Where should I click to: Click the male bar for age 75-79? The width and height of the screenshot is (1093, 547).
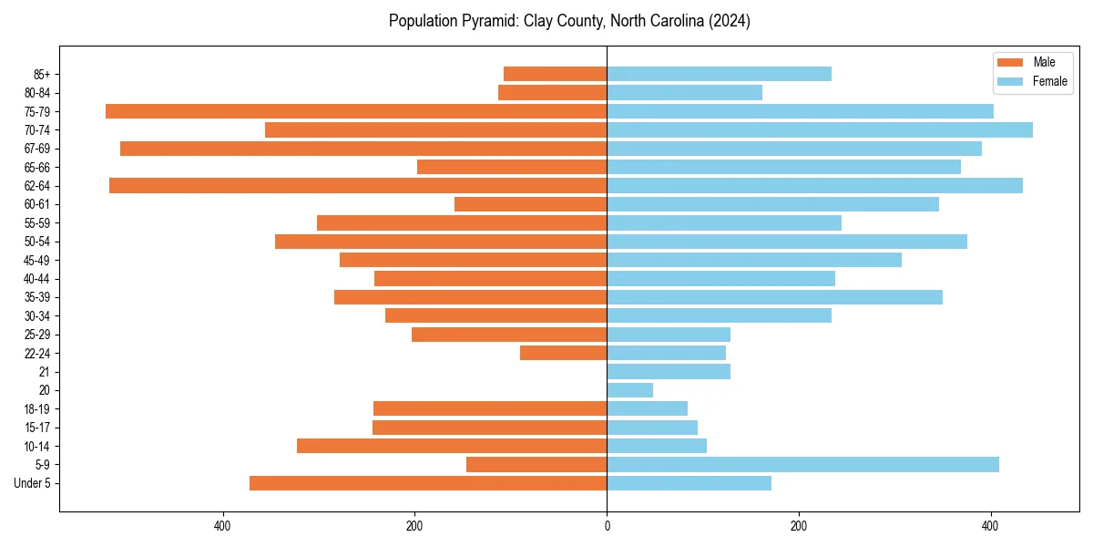point(356,111)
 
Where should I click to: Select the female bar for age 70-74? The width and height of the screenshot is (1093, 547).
point(820,129)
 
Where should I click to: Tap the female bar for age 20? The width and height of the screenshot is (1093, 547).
point(630,390)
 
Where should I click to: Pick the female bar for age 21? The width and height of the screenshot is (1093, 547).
point(669,371)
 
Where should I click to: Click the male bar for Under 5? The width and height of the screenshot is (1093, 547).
point(428,483)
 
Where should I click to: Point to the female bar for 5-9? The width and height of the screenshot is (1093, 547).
point(802,464)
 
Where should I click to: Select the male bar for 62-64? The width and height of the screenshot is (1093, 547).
point(358,185)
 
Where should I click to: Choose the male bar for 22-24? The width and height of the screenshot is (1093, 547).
point(563,353)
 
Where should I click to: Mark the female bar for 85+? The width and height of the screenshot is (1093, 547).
point(719,74)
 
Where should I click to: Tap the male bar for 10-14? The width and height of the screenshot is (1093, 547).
point(452,446)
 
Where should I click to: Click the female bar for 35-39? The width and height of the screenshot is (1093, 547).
point(774,297)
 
